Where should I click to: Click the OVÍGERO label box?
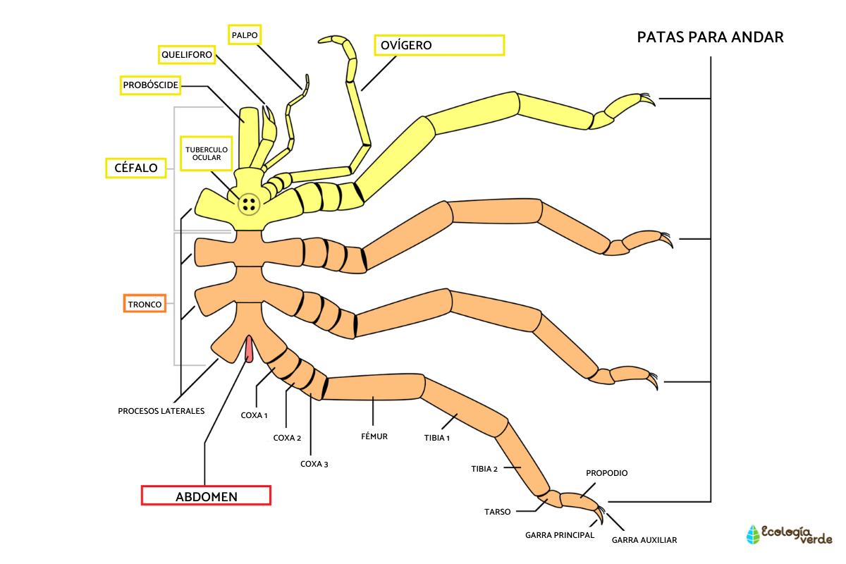tap(439, 45)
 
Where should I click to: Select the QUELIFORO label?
tap(185, 54)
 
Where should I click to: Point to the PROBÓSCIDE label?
tap(150, 85)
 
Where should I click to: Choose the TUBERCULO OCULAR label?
tap(204, 154)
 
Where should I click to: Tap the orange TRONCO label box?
tap(145, 305)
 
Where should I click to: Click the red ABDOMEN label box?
tap(206, 496)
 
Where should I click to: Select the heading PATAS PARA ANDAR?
tap(710, 37)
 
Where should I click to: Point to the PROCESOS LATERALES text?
tap(161, 410)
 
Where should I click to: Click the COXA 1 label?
tap(254, 415)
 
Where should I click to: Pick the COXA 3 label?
tap(314, 464)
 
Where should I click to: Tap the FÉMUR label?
tap(374, 436)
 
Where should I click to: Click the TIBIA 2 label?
tap(485, 468)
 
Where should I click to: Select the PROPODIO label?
tap(606, 473)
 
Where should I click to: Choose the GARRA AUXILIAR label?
tap(644, 540)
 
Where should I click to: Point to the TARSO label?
tap(497, 512)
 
